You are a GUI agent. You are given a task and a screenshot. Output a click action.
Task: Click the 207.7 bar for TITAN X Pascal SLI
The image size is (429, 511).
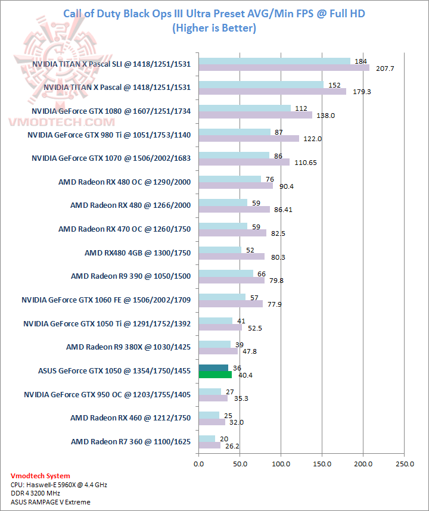(284, 68)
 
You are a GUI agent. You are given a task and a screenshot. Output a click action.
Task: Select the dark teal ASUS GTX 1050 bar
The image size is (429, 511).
(213, 367)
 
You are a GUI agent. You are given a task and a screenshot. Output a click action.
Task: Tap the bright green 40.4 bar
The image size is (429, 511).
(215, 375)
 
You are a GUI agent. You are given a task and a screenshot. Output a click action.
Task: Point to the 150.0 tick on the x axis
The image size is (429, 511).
(322, 463)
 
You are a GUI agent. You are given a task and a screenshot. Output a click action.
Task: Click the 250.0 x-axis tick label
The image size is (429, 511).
(405, 463)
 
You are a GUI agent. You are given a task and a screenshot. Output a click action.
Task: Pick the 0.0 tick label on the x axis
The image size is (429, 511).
(199, 463)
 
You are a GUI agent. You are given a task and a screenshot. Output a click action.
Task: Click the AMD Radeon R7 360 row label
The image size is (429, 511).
(130, 441)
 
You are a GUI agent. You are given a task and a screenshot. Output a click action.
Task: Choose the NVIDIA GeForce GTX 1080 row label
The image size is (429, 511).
(111, 111)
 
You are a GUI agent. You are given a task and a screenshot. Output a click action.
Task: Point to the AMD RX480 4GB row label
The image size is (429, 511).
(138, 253)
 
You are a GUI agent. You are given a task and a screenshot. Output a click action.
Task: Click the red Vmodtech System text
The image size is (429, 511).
(41, 476)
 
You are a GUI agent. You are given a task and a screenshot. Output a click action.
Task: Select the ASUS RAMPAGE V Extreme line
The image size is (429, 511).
(51, 502)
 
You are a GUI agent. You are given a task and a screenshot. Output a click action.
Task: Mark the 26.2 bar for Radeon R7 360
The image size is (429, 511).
(209, 445)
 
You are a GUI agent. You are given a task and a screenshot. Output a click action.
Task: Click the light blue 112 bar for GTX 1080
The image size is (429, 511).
(245, 108)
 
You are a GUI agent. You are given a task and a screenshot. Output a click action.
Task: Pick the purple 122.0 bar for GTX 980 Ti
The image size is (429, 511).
(249, 139)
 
